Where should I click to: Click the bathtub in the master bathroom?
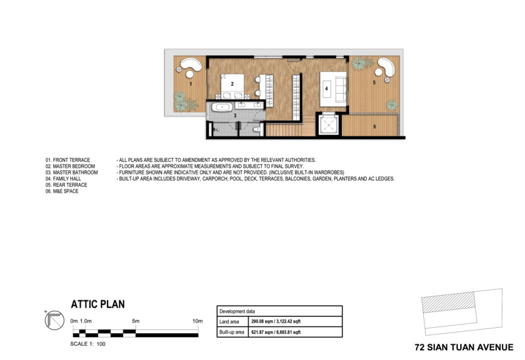pyautogui.click(x=222, y=108)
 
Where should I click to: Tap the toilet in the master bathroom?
pyautogui.click(x=256, y=129)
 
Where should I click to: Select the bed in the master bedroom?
pyautogui.click(x=232, y=87)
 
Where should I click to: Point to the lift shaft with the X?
pyautogui.click(x=329, y=125)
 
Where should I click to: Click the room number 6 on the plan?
pyautogui.click(x=375, y=127)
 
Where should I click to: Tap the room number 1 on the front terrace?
pyautogui.click(x=191, y=84)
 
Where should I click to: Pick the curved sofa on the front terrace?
pyautogui.click(x=191, y=64)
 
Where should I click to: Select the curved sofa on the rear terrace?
pyautogui.click(x=387, y=67)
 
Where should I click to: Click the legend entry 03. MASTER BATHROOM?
pyautogui.click(x=72, y=172)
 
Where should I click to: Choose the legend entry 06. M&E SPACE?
pyautogui.click(x=62, y=191)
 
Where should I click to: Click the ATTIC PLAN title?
pyautogui.click(x=98, y=304)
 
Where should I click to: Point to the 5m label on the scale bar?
pyautogui.click(x=136, y=321)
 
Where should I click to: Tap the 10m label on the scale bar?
pyautogui.click(x=198, y=321)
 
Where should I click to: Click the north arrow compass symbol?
pyautogui.click(x=54, y=320)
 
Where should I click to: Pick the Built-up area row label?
pyautogui.click(x=232, y=332)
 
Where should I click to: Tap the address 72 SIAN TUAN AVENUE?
pyautogui.click(x=464, y=348)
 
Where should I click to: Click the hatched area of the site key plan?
pyautogui.click(x=448, y=302)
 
